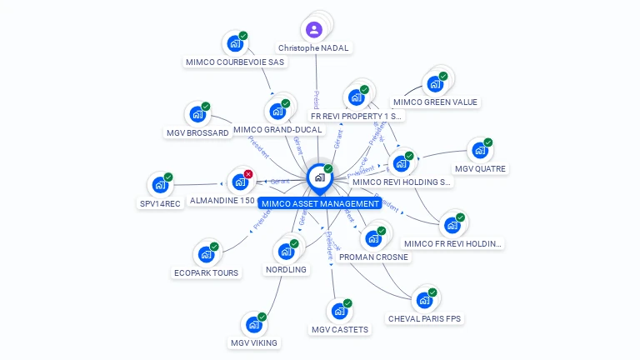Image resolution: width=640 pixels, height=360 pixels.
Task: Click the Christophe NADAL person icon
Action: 313,31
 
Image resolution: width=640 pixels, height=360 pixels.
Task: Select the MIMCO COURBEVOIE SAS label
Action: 235,62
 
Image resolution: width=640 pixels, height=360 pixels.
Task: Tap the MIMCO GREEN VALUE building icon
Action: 434,83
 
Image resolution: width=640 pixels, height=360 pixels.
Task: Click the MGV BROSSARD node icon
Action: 197,114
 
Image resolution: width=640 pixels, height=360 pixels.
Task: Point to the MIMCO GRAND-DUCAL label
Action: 277,130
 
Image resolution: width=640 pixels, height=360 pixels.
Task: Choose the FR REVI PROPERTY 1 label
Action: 357,117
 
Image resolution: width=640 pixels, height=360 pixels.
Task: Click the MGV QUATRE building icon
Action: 479,151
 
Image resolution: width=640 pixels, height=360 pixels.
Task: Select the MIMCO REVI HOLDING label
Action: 402,182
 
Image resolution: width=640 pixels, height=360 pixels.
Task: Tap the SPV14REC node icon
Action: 160,185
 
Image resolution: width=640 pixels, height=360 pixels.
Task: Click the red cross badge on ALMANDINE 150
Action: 248,174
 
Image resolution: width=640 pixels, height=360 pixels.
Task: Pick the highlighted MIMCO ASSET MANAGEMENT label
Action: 320,203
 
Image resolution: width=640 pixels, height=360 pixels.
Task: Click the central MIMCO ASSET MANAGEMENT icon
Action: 318,177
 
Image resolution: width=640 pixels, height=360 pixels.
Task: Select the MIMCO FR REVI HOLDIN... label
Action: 453,244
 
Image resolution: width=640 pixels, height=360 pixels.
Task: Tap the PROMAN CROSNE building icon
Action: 372,238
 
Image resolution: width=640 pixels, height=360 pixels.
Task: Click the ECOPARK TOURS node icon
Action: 206,254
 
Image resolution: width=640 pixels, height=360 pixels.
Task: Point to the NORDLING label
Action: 286,270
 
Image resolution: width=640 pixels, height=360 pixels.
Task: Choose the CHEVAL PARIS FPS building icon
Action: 425,300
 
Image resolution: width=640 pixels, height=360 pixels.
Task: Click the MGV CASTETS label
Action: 339,330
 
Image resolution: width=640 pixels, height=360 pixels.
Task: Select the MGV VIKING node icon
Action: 253,324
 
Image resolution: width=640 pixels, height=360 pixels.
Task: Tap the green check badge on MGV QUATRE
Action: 488,142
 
